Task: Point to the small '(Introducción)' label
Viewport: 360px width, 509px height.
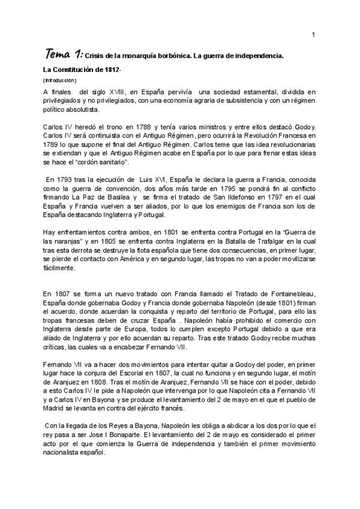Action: point(60,80)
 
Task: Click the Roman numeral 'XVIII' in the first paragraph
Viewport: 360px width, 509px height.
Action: point(116,91)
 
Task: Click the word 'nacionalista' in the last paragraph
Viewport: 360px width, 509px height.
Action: point(65,452)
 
